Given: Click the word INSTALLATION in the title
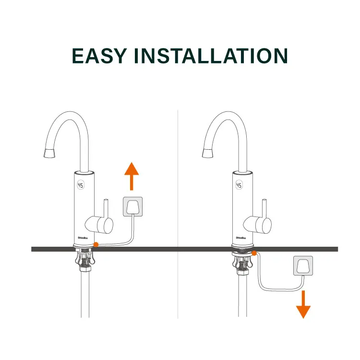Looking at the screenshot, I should (x=218, y=56).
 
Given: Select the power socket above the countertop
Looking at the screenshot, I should (x=133, y=206).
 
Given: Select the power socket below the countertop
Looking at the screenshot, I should (x=303, y=265).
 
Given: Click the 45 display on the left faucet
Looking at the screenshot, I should (x=81, y=185).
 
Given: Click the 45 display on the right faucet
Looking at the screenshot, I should (x=239, y=185).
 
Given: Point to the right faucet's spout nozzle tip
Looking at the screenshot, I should (x=208, y=153).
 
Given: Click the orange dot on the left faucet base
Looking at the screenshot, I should (x=96, y=244).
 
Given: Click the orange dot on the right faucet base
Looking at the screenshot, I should (x=254, y=252).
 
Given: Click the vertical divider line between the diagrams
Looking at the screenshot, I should (x=178, y=192).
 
